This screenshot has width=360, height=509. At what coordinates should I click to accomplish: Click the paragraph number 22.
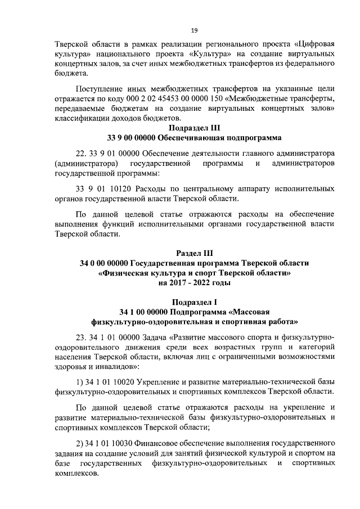[81, 153]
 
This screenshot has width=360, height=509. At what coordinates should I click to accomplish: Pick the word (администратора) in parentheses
[88, 163]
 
